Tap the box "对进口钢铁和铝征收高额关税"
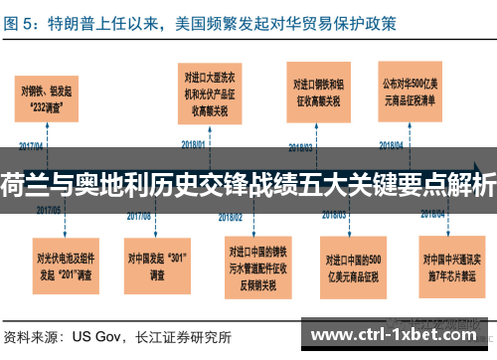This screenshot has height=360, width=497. coord(320,91)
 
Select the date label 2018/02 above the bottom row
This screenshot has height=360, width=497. coord(232,215)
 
